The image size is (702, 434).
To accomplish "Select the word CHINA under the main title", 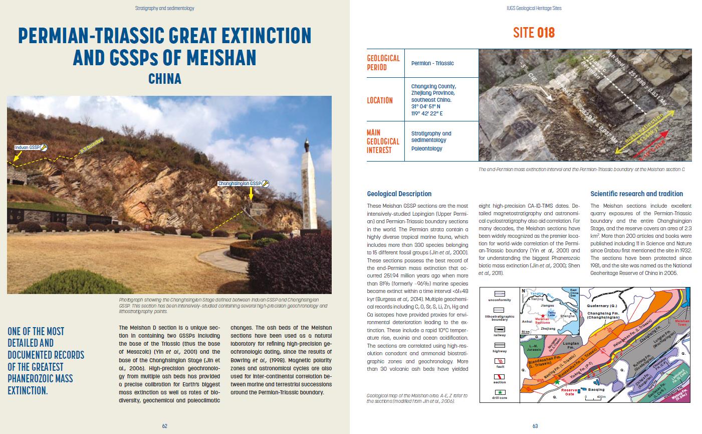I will [x=164, y=79].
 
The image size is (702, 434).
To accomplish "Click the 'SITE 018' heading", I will [x=534, y=33].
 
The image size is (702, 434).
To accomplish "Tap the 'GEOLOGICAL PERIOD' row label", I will [x=383, y=63].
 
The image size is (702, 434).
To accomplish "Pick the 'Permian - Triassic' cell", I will [x=432, y=63].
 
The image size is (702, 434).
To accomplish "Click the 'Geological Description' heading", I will [x=399, y=194].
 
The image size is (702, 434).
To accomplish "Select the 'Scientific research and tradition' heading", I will [x=636, y=194].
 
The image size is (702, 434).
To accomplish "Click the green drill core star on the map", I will [x=557, y=382].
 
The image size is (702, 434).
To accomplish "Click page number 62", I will [x=164, y=425].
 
